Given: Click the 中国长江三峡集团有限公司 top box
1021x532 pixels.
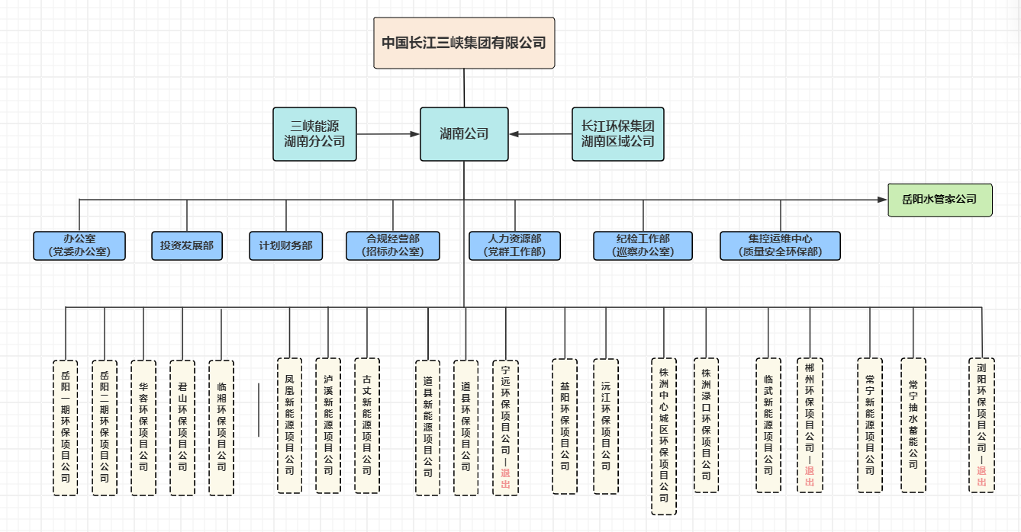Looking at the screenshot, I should (x=464, y=43).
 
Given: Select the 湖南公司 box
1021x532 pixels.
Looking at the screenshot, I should (x=464, y=134).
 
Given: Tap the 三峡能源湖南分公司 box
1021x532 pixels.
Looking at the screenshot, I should (x=314, y=134).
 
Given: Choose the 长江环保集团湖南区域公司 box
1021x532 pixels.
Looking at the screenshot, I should (x=617, y=134).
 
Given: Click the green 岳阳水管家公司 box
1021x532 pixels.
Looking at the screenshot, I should (x=939, y=200).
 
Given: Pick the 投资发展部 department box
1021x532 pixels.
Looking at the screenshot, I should (x=187, y=246).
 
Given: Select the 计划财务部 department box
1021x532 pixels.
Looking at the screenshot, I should (x=285, y=246).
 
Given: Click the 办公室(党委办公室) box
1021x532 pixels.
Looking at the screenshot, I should (x=79, y=246).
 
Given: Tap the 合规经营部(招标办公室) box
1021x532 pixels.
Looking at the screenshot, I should (x=393, y=246).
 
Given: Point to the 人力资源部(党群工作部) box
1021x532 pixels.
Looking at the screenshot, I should (x=514, y=246).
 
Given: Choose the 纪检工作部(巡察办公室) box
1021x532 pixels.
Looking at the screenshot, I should (x=643, y=246).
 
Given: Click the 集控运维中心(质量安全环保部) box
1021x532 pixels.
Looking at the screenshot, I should (x=780, y=246).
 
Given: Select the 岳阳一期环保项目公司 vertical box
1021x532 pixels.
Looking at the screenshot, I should (x=66, y=428).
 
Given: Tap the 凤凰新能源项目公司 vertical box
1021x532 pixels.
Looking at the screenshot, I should (x=289, y=425).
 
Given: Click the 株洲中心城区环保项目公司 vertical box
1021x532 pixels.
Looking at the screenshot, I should (x=664, y=436).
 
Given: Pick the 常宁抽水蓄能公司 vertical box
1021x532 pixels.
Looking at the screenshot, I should (x=913, y=425).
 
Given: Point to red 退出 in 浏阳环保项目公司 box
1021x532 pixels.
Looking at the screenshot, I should (x=982, y=477).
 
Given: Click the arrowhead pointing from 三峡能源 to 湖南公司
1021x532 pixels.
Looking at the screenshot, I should (x=414, y=134).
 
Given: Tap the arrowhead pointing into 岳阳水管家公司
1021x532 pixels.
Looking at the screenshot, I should (x=882, y=200).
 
